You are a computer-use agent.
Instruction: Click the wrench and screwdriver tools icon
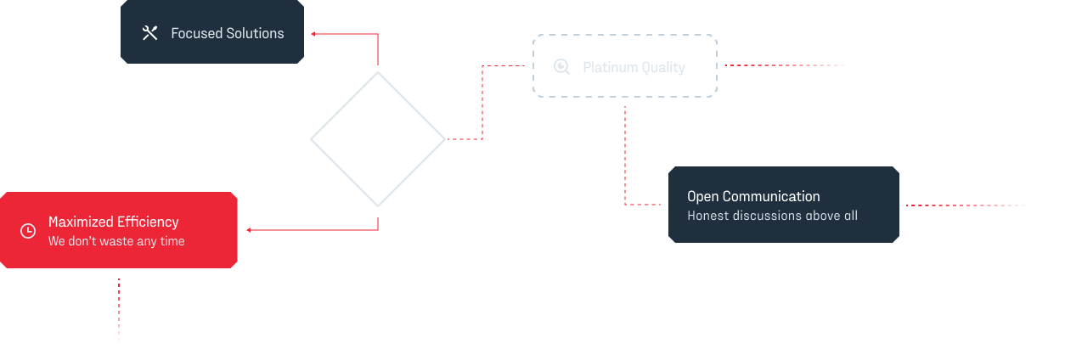click(x=150, y=33)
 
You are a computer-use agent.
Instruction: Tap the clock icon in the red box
click(x=28, y=231)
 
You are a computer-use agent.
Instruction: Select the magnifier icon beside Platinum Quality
click(x=561, y=66)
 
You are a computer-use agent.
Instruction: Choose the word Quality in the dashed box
click(x=663, y=67)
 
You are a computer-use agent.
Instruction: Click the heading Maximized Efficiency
click(x=113, y=222)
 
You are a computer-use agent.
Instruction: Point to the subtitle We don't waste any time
click(x=116, y=241)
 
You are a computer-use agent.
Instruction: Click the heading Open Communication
click(x=753, y=196)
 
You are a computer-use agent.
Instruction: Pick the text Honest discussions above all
click(x=772, y=216)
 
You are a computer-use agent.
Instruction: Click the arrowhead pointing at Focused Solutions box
click(x=313, y=34)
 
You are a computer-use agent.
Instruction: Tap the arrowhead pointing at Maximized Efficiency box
click(x=249, y=230)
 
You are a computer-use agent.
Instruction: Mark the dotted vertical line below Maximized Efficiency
click(x=119, y=310)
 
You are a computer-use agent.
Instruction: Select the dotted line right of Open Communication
click(x=968, y=205)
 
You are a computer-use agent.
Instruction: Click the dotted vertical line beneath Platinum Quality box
click(x=625, y=153)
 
